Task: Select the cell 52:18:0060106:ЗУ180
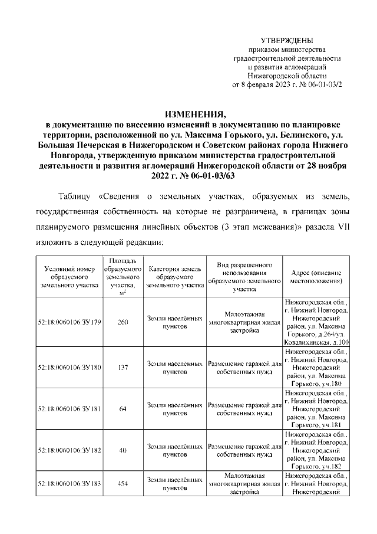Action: click(70, 367)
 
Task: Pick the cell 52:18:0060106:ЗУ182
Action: click(70, 450)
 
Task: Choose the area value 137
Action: click(123, 367)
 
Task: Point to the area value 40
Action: click(123, 450)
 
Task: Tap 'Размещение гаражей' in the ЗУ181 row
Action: click(244, 405)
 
